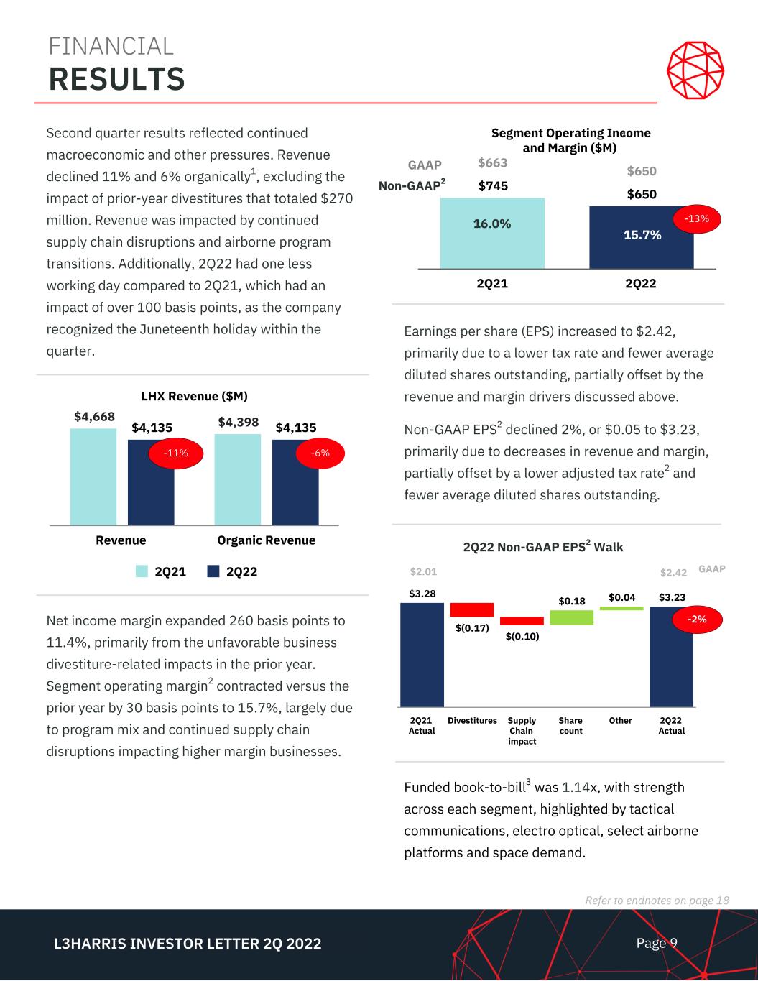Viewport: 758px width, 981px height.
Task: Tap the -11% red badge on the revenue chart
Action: pyautogui.click(x=175, y=453)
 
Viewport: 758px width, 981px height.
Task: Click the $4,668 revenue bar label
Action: pyautogui.click(x=94, y=416)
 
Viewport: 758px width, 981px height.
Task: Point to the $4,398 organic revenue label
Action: pyautogui.click(x=239, y=421)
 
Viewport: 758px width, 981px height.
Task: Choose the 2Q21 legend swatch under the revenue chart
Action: pyautogui.click(x=142, y=571)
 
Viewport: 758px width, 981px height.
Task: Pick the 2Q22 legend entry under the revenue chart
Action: pyautogui.click(x=233, y=571)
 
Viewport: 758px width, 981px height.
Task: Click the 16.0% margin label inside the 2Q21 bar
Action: pyautogui.click(x=491, y=224)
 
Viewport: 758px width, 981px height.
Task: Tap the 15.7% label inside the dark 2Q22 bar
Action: pyautogui.click(x=642, y=234)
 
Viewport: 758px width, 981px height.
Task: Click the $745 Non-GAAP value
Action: pyautogui.click(x=493, y=186)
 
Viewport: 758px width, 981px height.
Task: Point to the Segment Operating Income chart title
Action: pyautogui.click(x=570, y=140)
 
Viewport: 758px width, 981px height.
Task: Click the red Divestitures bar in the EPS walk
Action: pyautogui.click(x=471, y=609)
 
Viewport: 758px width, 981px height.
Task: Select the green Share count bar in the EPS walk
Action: pyautogui.click(x=571, y=617)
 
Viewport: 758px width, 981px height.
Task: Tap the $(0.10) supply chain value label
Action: pyautogui.click(x=522, y=637)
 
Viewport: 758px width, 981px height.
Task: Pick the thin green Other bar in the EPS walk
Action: pyautogui.click(x=621, y=608)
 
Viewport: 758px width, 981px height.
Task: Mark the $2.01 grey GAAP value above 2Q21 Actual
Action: pyautogui.click(x=423, y=572)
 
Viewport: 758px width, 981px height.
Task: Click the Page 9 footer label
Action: pyautogui.click(x=657, y=943)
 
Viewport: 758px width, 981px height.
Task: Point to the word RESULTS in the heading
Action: pyautogui.click(x=116, y=79)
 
